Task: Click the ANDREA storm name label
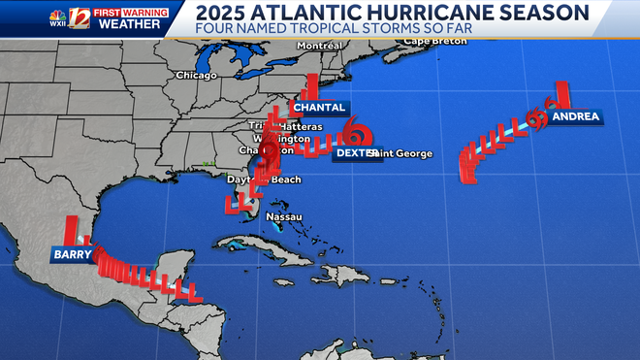pyautogui.click(x=575, y=117)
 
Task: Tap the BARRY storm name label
pyautogui.click(x=73, y=255)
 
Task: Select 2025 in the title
pyautogui.click(x=224, y=13)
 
